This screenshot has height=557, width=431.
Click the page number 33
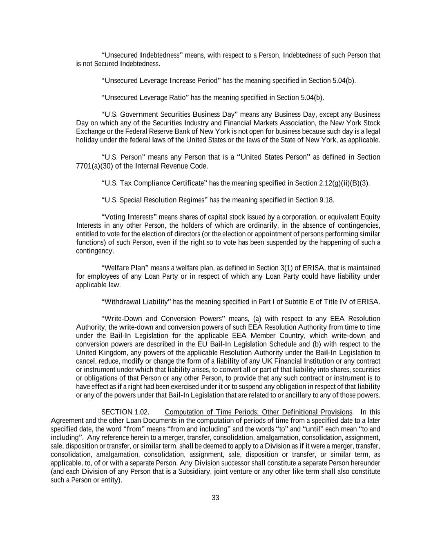click(x=215, y=497)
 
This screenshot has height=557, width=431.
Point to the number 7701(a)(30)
click(x=95, y=166)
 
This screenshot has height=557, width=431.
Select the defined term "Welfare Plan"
click(x=127, y=268)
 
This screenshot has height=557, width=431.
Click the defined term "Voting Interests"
click(x=129, y=217)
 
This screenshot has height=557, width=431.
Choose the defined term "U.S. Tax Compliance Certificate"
click(x=154, y=183)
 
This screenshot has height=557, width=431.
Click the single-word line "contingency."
click(x=95, y=251)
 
